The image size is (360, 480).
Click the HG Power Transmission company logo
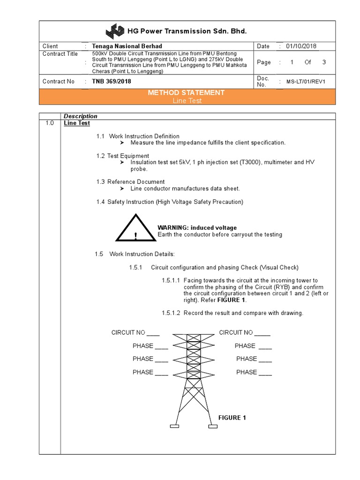coord(115,31)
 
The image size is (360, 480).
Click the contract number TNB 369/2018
coord(112,81)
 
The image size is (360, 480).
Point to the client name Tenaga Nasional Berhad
coord(127,46)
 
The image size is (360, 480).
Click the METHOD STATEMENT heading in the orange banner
coord(186,93)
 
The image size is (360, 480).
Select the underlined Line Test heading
coord(77,123)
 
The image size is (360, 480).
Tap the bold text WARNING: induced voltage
coord(197,228)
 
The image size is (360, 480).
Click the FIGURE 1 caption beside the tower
coord(232,418)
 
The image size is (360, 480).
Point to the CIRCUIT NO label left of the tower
coord(128,333)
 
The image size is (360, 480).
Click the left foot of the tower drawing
coord(174,426)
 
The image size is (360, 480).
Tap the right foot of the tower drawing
coord(213,426)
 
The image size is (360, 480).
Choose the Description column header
coord(81,116)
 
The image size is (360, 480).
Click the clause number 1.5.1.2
coord(171,313)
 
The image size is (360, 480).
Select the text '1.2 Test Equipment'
coord(123,156)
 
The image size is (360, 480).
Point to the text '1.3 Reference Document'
coord(130,182)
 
